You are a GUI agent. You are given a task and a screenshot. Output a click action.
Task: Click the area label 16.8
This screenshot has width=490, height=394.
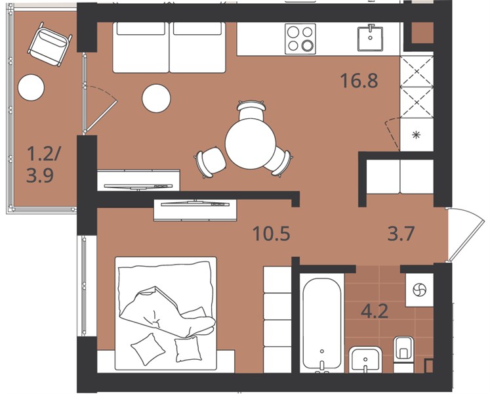pos(359,80)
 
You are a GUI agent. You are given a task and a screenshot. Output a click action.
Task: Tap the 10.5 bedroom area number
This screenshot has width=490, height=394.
pos(272,234)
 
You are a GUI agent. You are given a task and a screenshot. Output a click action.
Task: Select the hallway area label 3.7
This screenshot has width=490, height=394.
pos(401,234)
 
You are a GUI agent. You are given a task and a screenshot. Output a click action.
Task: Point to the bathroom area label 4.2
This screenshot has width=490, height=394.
pos(375,311)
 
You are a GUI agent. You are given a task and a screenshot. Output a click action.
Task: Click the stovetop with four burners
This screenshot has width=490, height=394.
pos(300,39)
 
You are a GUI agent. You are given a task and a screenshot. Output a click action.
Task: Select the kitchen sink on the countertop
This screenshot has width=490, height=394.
pos(371,37)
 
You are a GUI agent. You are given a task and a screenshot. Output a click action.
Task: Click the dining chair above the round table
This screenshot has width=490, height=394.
pos(252,110)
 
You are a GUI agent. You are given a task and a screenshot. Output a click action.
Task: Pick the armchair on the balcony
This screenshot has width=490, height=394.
pos(50,44)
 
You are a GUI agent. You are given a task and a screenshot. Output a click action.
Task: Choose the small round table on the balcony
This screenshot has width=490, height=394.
pos(31,87)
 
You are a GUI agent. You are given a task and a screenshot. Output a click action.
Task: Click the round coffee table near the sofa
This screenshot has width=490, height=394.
pos(156,98)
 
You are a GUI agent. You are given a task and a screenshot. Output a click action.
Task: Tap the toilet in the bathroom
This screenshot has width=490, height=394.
pos(404,354)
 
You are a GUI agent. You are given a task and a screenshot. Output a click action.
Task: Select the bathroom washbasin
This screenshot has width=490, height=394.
pos(365,359)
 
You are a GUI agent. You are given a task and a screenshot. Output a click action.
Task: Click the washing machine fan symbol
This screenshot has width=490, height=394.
pos(419,290)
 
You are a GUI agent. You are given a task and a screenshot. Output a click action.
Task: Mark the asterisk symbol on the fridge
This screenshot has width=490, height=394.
pos(416,135)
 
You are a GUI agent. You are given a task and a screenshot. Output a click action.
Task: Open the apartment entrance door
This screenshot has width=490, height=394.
pos(466,234)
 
